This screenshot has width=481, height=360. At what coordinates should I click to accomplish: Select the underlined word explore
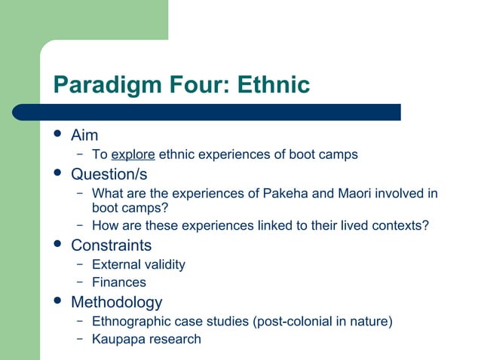(133, 155)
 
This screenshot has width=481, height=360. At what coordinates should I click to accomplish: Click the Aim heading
(84, 136)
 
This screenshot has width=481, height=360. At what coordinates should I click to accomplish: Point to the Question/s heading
(109, 174)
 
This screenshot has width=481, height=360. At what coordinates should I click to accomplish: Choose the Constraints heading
(111, 246)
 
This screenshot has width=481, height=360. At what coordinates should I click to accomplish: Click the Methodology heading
(116, 302)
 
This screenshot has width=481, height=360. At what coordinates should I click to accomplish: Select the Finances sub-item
(118, 282)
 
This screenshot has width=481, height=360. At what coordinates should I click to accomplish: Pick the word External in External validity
(115, 264)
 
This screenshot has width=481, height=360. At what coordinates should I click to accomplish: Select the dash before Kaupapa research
(78, 339)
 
